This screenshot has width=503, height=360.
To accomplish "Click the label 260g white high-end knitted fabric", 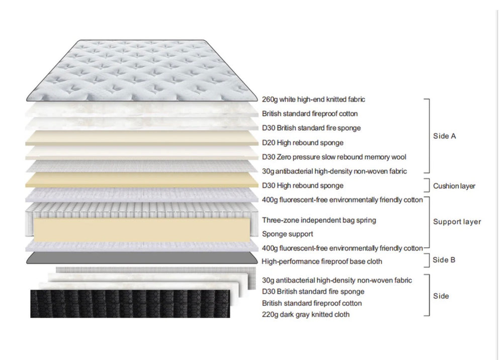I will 313,100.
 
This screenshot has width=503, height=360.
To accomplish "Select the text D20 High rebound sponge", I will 303,143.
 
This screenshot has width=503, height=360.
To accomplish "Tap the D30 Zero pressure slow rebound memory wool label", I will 334,157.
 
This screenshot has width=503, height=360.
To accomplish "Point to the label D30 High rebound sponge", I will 303,186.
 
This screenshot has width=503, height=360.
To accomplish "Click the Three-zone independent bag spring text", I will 319,220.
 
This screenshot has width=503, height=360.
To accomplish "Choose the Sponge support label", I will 287,234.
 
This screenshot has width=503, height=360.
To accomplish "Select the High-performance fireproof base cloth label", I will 322,261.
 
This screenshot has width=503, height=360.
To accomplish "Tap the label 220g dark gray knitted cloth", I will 306,315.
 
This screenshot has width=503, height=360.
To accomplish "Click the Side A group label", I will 445,136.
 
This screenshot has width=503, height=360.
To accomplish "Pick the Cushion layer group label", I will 454,186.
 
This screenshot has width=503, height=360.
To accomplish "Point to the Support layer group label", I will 457,222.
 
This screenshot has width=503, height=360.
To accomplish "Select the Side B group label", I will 444,260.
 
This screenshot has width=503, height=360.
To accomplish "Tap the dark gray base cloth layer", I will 142,258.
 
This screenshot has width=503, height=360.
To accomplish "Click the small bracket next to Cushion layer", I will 428,185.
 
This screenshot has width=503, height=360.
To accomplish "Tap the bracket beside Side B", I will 428,260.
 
